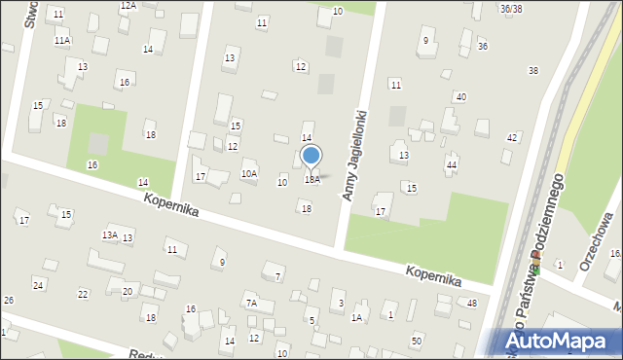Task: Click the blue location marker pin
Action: pyautogui.click(x=311, y=156)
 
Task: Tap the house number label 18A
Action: pyautogui.click(x=311, y=180)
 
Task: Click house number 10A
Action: pyautogui.click(x=249, y=173)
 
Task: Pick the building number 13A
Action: pyautogui.click(x=110, y=234)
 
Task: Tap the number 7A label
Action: pyautogui.click(x=251, y=304)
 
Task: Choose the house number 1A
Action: pyautogui.click(x=356, y=317)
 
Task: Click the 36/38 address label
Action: pyautogui.click(x=510, y=9)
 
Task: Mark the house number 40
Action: pyautogui.click(x=460, y=96)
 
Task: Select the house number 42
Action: pyautogui.click(x=512, y=137)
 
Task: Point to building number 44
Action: pyautogui.click(x=452, y=164)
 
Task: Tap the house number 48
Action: pyautogui.click(x=472, y=304)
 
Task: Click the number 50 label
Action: pyautogui.click(x=417, y=340)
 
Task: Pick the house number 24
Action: pyautogui.click(x=38, y=284)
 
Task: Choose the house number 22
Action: pyautogui.click(x=83, y=294)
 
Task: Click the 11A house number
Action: pyautogui.click(x=61, y=40)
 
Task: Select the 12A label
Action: pyautogui.click(x=128, y=5)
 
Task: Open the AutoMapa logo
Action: pyautogui.click(x=562, y=341)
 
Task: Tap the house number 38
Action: pyautogui.click(x=533, y=70)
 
